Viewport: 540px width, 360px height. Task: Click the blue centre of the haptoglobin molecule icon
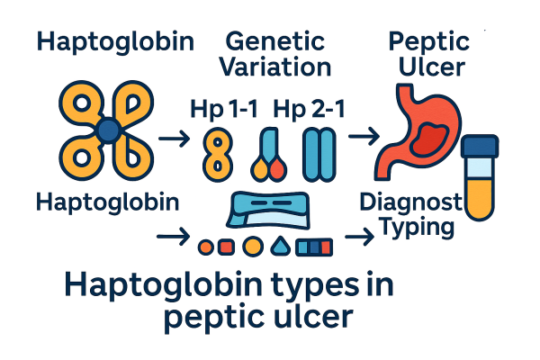107,131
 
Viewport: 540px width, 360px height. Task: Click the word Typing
416,227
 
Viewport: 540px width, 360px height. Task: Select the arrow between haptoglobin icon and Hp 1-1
173,139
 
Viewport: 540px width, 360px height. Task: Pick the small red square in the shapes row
227,244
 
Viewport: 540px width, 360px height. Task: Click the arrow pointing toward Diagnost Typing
360,237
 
